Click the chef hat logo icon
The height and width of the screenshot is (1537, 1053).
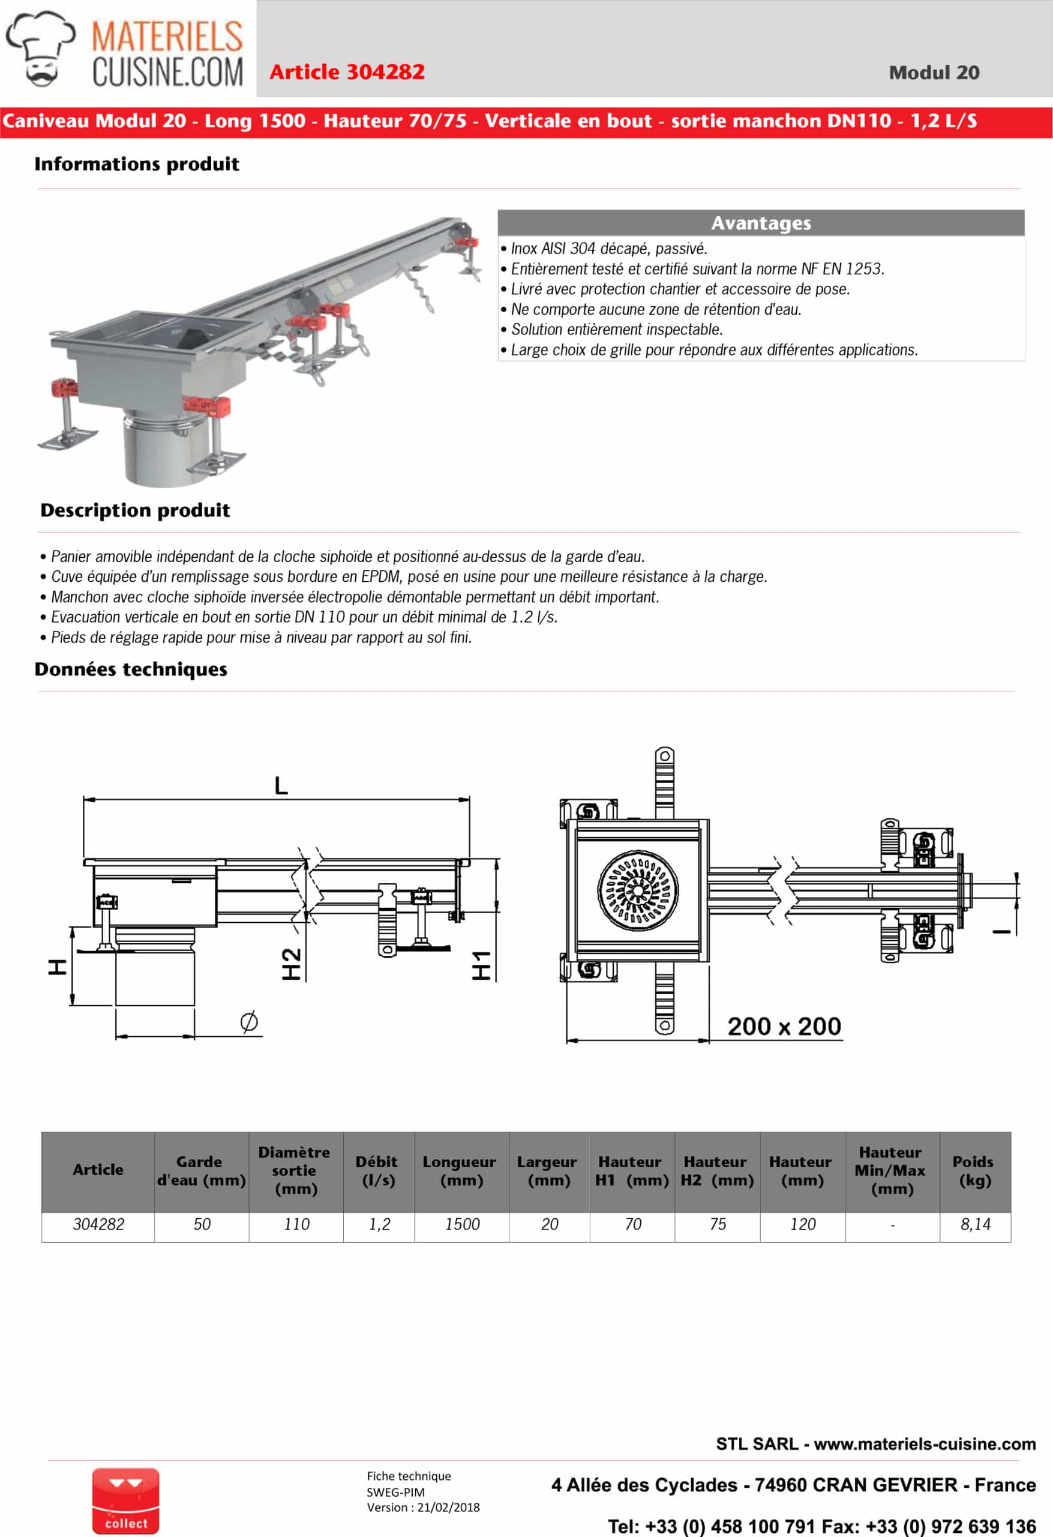pyautogui.click(x=40, y=48)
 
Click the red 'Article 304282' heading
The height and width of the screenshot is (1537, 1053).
pyautogui.click(x=347, y=71)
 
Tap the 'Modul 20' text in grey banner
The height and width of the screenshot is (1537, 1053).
pyautogui.click(x=934, y=72)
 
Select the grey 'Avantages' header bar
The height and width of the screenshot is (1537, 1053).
pyautogui.click(x=760, y=223)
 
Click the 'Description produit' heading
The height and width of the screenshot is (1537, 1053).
pyautogui.click(x=136, y=510)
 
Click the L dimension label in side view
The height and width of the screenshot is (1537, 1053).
pyautogui.click(x=281, y=786)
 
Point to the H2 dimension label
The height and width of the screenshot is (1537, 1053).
pyautogui.click(x=292, y=964)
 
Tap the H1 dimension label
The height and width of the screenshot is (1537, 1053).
pyautogui.click(x=481, y=965)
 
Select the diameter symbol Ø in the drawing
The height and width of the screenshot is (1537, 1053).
pyautogui.click(x=249, y=1021)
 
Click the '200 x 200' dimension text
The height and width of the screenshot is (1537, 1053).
pyautogui.click(x=784, y=1026)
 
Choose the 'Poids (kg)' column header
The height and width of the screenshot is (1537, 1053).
pyautogui.click(x=974, y=1171)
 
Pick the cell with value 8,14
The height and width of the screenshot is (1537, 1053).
pyautogui.click(x=975, y=1224)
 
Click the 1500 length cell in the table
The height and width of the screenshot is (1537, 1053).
pyautogui.click(x=462, y=1224)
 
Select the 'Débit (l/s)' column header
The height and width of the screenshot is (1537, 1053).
pyautogui.click(x=377, y=1171)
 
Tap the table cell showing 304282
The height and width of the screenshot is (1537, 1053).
pyautogui.click(x=98, y=1224)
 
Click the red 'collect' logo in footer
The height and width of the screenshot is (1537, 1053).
pyautogui.click(x=125, y=1500)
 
